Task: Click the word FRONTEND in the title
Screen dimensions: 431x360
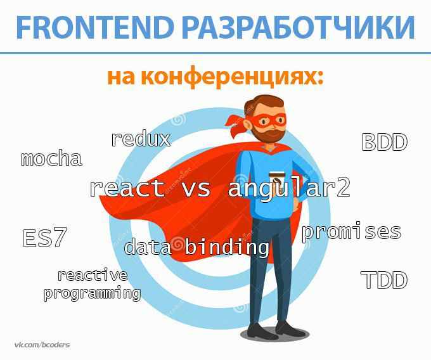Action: tap(95, 27)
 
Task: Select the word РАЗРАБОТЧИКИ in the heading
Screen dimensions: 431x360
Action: tap(299, 27)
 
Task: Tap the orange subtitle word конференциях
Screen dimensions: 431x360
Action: tap(232, 78)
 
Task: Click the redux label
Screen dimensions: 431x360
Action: tap(141, 139)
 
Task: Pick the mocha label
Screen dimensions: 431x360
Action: tap(51, 158)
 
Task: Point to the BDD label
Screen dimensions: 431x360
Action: tap(384, 142)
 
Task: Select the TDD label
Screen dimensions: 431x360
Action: tap(384, 280)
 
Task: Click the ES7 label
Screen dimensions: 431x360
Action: tap(44, 238)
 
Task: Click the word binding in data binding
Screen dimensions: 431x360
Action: tap(227, 247)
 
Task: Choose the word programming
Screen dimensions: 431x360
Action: tap(93, 293)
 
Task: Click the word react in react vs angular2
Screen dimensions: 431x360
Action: tap(127, 188)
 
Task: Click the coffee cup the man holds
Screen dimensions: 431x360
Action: tap(277, 182)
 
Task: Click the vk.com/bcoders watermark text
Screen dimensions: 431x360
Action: tap(42, 345)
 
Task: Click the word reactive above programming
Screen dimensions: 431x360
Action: tap(93, 275)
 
